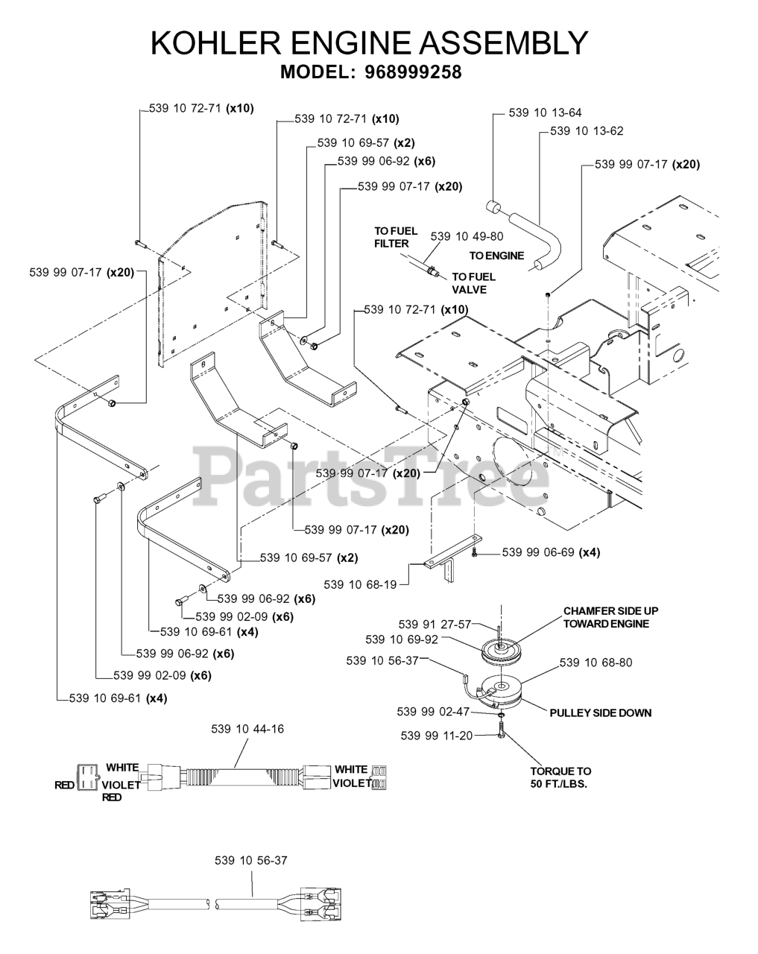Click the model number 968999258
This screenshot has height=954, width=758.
[x=413, y=72]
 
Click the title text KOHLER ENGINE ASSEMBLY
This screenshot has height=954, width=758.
[x=370, y=43]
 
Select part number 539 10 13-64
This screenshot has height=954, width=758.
[x=545, y=113]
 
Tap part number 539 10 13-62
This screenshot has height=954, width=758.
[x=587, y=131]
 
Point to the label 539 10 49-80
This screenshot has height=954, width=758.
[x=466, y=236]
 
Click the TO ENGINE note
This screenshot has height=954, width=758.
[x=499, y=256]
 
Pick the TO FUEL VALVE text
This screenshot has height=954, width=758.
[x=473, y=283]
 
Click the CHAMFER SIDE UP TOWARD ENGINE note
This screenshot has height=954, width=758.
[x=610, y=617]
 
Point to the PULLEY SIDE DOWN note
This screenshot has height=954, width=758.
[x=600, y=713]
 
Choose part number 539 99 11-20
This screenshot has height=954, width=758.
[x=436, y=736]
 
